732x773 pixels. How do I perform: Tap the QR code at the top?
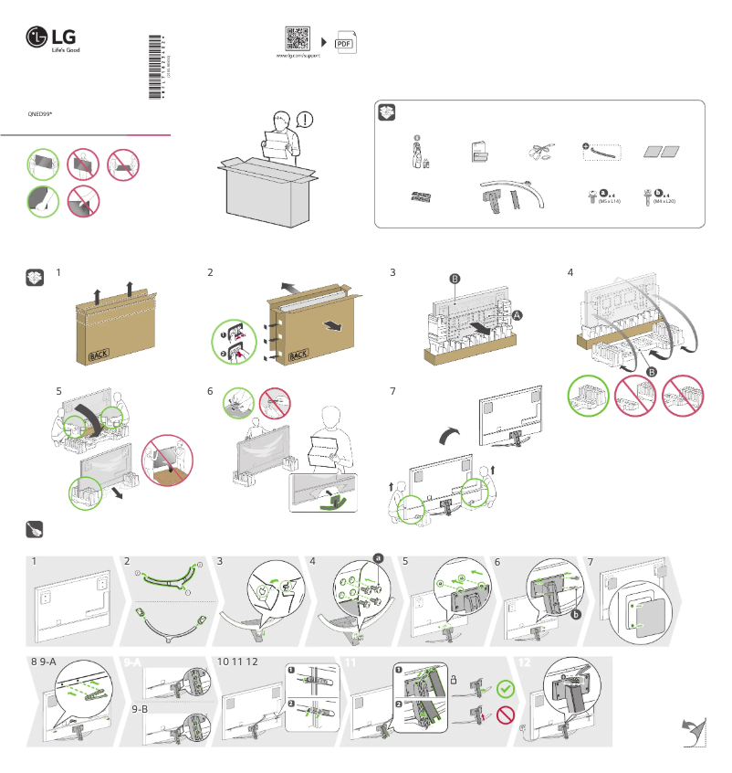click(297, 39)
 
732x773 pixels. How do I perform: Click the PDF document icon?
click(344, 43)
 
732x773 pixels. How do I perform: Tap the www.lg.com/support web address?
click(298, 57)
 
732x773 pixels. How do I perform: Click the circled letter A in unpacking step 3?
click(518, 313)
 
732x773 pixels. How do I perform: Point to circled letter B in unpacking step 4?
click(651, 372)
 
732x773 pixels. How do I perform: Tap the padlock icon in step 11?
click(453, 678)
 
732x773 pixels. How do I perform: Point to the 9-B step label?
click(141, 709)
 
